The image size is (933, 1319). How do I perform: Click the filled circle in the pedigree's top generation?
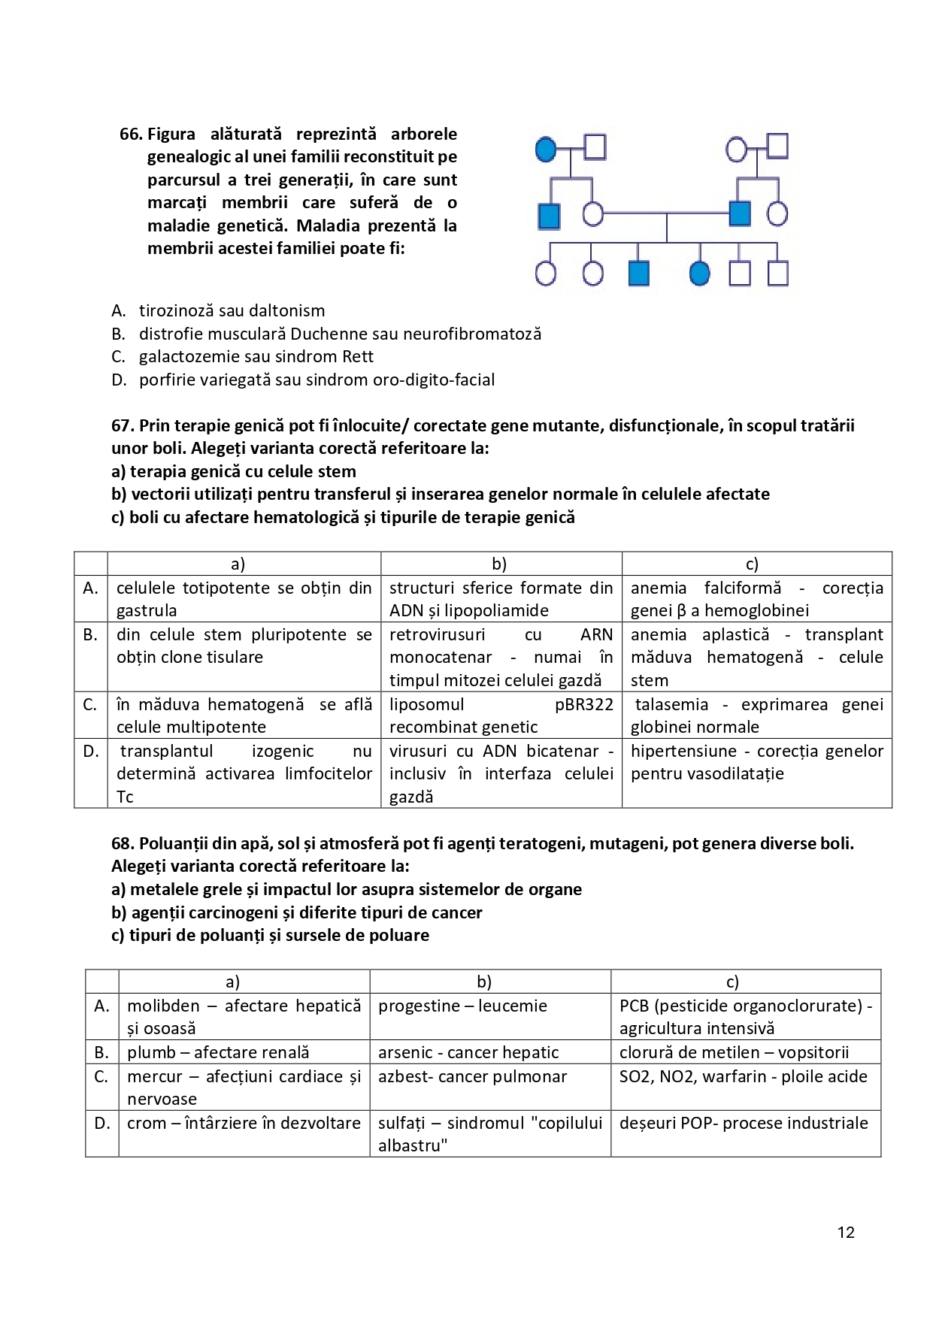click(547, 149)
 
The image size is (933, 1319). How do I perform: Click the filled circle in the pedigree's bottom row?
click(699, 274)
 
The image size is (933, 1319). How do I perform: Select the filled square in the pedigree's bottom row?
click(638, 274)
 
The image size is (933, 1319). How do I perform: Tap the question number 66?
click(130, 135)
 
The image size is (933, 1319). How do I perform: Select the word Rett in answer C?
click(358, 356)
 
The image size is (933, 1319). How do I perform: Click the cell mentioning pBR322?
click(501, 715)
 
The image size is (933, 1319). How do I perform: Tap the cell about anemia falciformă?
click(756, 599)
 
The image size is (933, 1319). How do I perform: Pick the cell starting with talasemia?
click(756, 715)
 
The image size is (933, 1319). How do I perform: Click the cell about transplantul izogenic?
click(244, 773)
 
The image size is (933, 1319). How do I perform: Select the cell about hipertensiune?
click(756, 762)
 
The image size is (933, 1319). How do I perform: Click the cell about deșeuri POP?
click(745, 1123)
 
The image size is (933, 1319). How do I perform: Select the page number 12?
click(846, 1232)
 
